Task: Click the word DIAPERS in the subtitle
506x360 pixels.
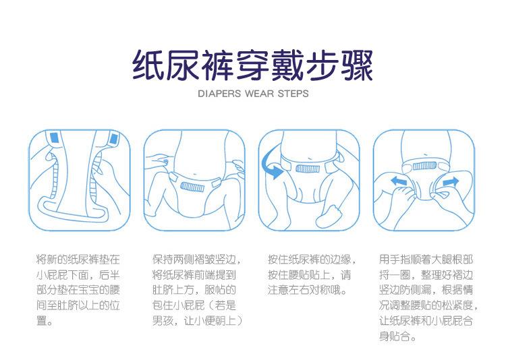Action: click(x=219, y=94)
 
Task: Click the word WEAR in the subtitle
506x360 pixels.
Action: click(x=259, y=94)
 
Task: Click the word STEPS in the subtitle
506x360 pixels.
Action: click(x=293, y=94)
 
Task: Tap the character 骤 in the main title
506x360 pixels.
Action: click(x=357, y=65)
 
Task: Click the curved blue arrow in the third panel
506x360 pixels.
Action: click(x=270, y=164)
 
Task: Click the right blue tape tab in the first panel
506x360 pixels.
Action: click(x=113, y=138)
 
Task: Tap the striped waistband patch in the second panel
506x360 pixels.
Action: click(x=192, y=187)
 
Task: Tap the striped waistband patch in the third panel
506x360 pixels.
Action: click(x=308, y=169)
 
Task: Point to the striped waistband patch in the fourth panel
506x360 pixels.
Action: click(x=424, y=166)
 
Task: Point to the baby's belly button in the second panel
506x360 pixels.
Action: click(x=194, y=175)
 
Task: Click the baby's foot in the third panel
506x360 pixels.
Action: click(x=329, y=217)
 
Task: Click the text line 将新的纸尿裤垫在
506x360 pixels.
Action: click(x=78, y=260)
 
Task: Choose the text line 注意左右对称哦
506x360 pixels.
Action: click(x=307, y=290)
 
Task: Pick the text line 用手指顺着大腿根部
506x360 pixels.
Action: click(x=426, y=260)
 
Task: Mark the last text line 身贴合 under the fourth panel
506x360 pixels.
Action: click(x=397, y=336)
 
